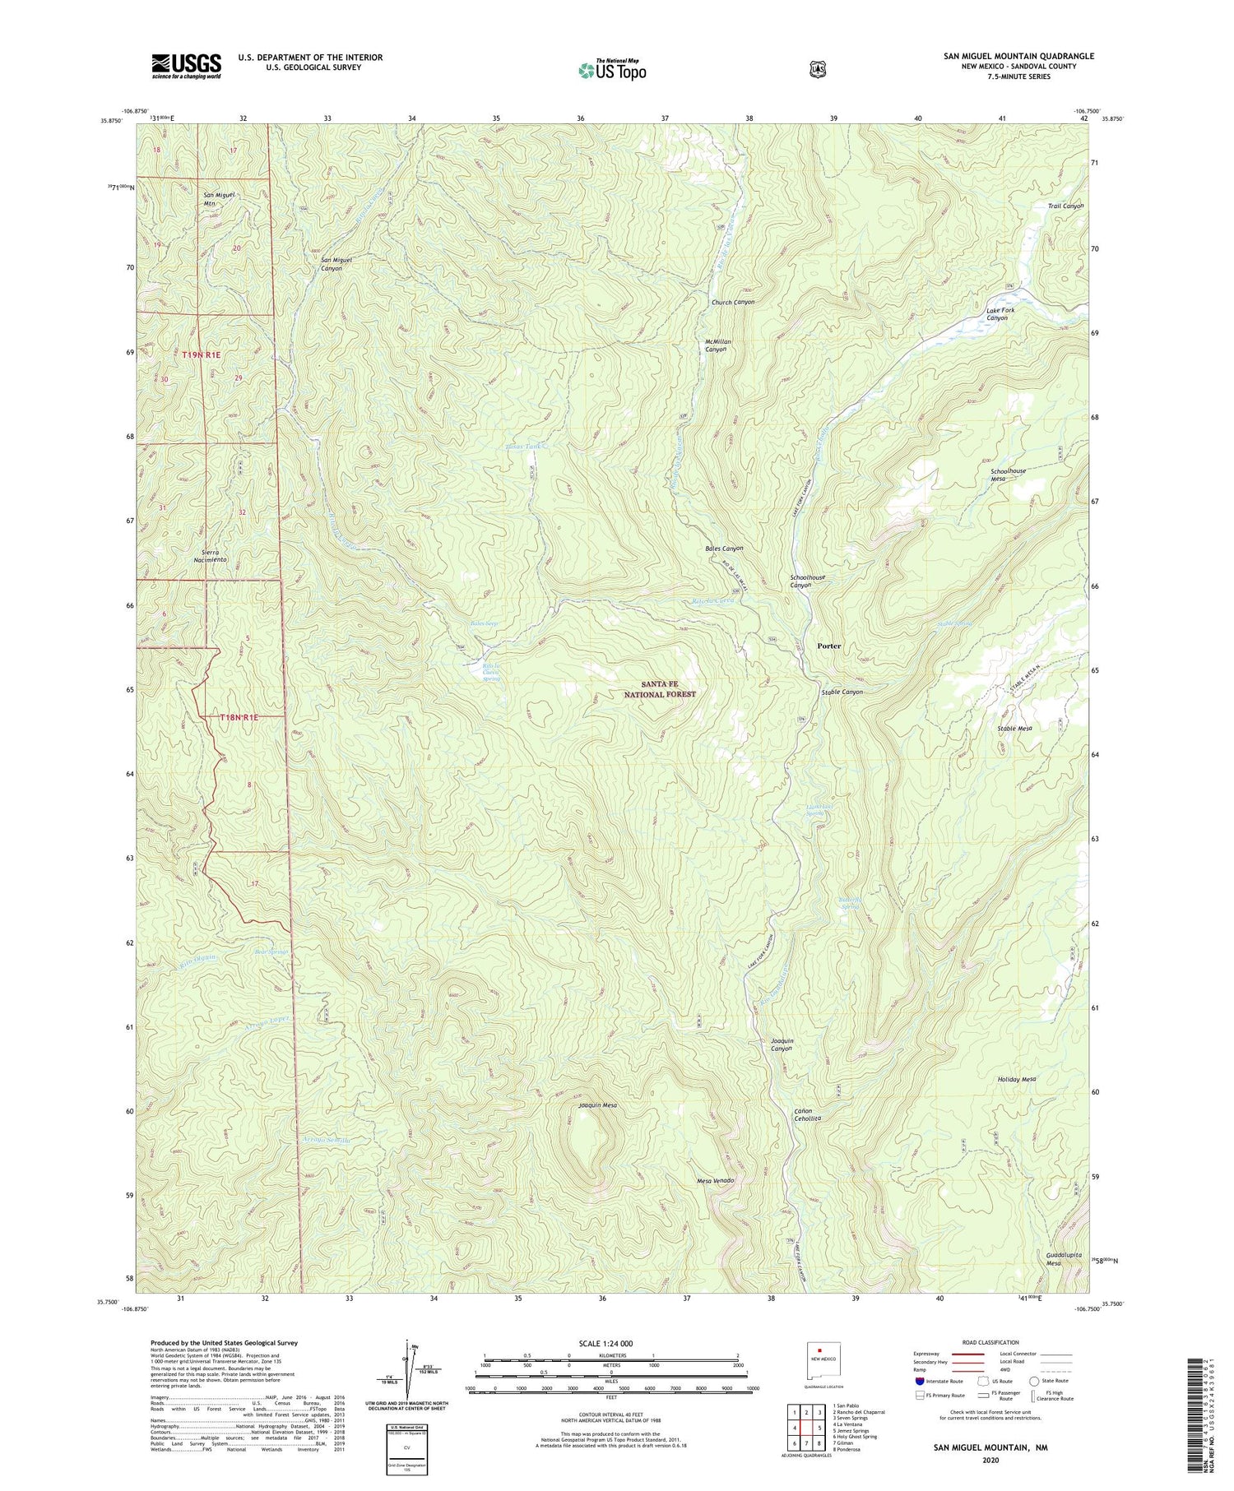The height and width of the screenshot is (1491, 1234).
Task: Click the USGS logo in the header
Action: tap(186, 66)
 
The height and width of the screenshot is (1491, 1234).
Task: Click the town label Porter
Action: tap(828, 646)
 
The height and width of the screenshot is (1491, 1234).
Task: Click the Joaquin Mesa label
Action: tap(597, 1105)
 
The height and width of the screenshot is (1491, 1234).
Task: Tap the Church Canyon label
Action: tap(732, 302)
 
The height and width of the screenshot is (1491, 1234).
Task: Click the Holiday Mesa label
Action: tap(1016, 1079)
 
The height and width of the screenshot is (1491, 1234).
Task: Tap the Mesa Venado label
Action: tap(715, 1180)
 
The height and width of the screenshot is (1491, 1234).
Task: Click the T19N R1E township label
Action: tap(197, 354)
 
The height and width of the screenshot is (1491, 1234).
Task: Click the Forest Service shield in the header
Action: tap(816, 70)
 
